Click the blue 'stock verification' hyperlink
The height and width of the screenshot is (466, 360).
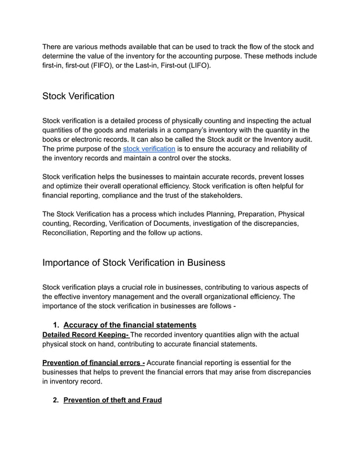pos(148,149)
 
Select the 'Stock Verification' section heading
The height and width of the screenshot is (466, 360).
pos(78,96)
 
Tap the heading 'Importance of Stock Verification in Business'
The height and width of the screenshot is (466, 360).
pos(134,263)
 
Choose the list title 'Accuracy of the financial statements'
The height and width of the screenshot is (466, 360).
pos(130,325)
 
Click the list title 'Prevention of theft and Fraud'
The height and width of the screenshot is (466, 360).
pos(112,400)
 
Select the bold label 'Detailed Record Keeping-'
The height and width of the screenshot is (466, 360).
pos(86,335)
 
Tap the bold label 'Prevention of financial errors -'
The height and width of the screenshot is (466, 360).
pos(94,363)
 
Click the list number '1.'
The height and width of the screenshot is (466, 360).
pos(56,325)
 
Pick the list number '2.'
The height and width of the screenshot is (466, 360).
pos(56,400)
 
